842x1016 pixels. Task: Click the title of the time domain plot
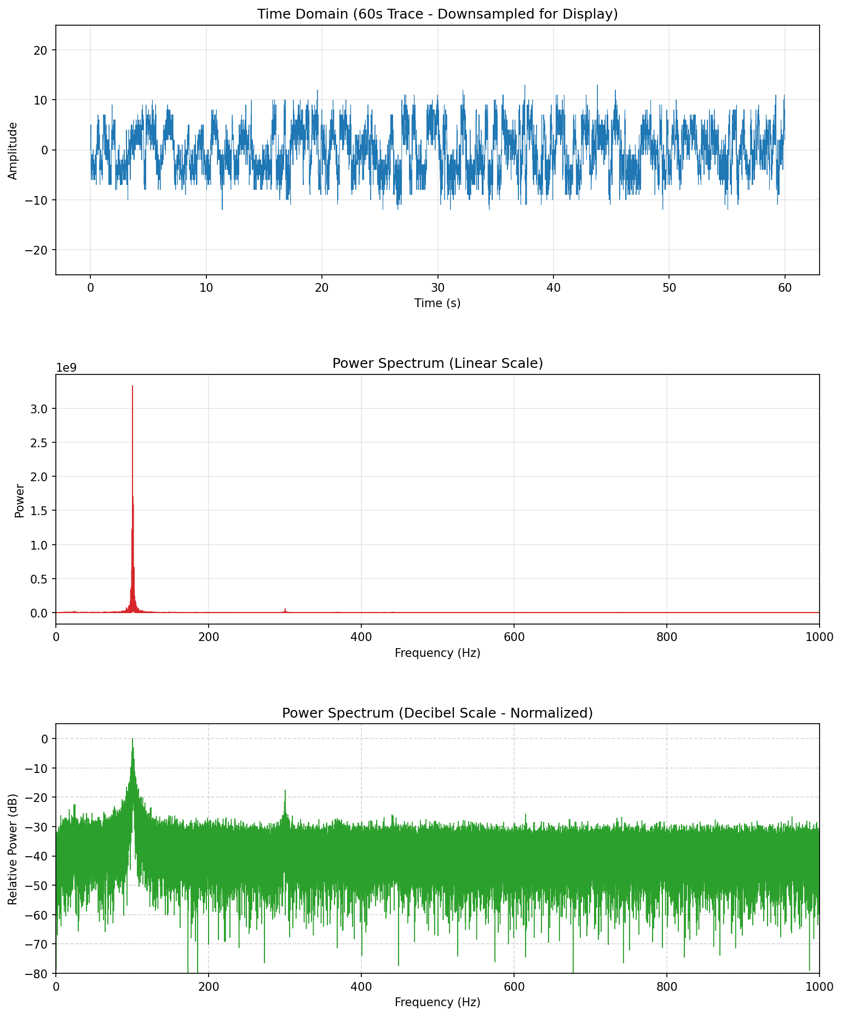[x=437, y=14]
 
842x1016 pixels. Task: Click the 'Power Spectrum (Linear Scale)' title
[x=437, y=363]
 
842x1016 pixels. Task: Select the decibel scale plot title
[x=437, y=713]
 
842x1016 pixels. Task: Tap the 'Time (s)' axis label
[x=437, y=303]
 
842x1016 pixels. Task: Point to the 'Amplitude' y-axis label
[x=13, y=151]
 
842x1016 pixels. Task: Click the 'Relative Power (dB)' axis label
[x=13, y=849]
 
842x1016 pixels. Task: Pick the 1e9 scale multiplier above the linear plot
[x=67, y=367]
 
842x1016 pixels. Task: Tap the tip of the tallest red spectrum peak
[x=132, y=386]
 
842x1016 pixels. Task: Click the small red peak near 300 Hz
[x=285, y=609]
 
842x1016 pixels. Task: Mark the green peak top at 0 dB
[x=132, y=739]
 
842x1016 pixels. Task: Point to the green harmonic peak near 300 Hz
[x=285, y=791]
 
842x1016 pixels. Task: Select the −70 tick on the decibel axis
[x=38, y=944]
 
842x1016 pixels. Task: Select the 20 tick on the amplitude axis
[x=43, y=50]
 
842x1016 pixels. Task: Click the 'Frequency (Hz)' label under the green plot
[x=437, y=1002]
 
